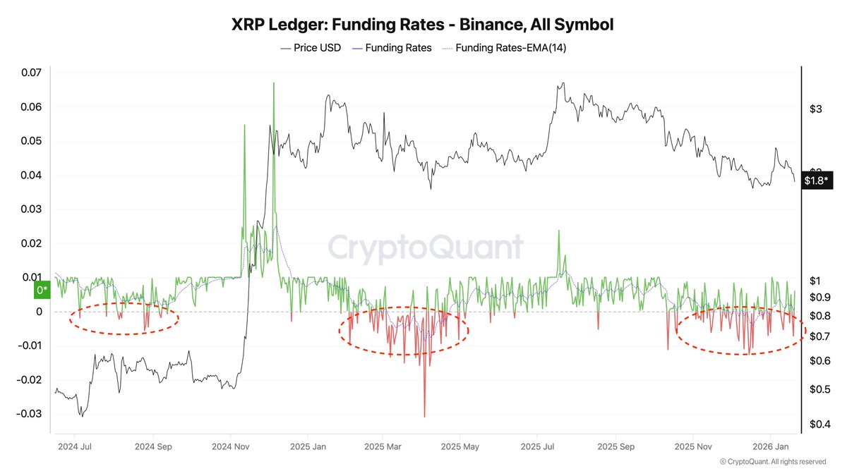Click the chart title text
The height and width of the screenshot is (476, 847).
tap(423, 25)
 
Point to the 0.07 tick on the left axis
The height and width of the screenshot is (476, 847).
tap(32, 73)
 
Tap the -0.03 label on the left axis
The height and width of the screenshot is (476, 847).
tap(29, 414)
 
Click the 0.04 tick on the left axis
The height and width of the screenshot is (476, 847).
tap(32, 176)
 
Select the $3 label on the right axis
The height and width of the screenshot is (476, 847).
tap(816, 109)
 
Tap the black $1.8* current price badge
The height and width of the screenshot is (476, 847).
tap(817, 181)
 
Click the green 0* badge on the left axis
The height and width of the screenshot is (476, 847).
tap(41, 289)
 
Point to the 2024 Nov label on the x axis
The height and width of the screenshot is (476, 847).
tap(232, 446)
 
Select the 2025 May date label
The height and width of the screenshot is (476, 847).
tap(459, 446)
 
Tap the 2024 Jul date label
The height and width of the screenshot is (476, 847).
tap(74, 446)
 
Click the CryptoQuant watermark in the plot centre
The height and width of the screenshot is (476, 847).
tap(426, 248)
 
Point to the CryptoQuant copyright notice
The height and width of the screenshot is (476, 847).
tap(772, 462)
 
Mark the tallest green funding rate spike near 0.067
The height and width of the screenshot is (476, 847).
tap(273, 83)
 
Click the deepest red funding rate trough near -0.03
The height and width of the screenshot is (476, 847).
tap(424, 416)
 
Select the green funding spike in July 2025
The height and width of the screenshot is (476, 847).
tap(559, 231)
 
